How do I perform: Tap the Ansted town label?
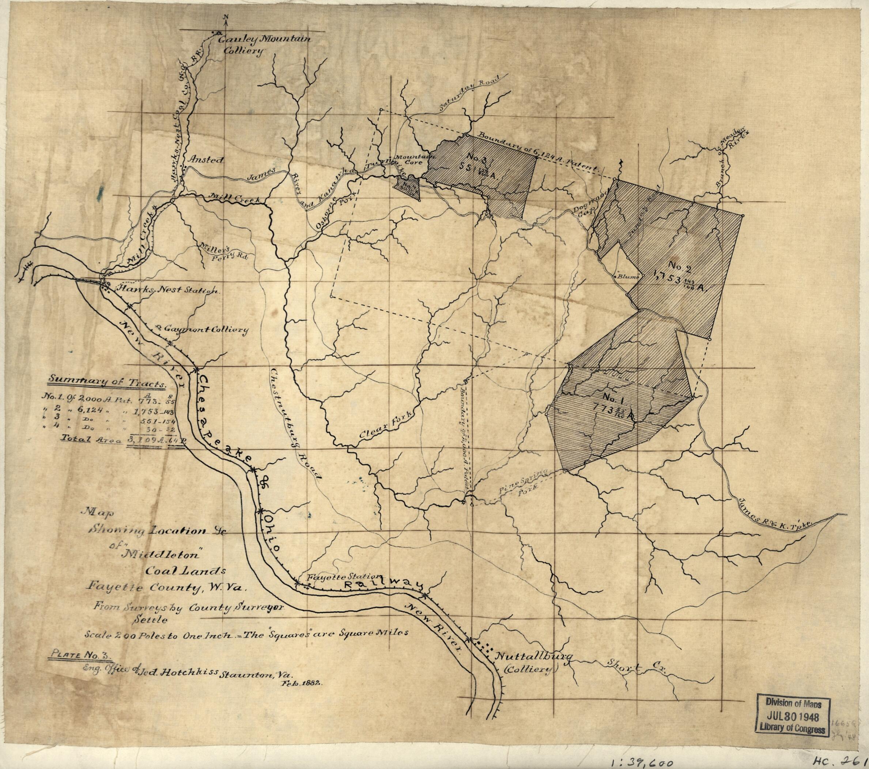[206, 160]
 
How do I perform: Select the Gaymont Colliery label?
[205, 329]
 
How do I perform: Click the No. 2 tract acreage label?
[674, 286]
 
